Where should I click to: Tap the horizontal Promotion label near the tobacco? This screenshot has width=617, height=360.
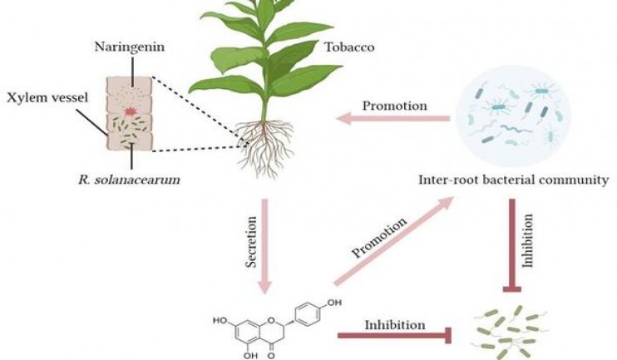[x=393, y=106]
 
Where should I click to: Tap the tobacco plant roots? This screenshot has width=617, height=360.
[x=265, y=147]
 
